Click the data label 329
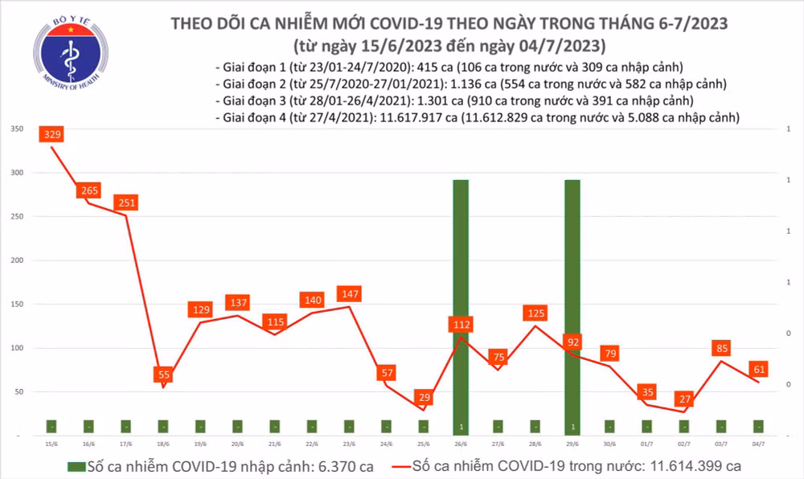click(52, 134)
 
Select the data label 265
click(89, 190)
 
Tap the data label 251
click(126, 203)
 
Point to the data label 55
click(163, 375)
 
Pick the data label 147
click(349, 293)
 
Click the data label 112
click(461, 325)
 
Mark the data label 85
click(721, 349)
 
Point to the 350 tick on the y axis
click(15, 129)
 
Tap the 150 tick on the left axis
click(15, 305)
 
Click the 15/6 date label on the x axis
click(52, 444)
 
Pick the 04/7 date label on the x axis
click(757, 444)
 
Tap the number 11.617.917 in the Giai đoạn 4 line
click(412, 117)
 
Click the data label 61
click(758, 369)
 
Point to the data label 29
click(424, 398)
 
